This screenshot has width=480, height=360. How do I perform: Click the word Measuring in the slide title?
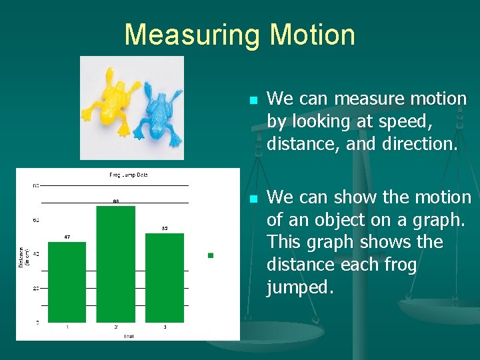coord(188,35)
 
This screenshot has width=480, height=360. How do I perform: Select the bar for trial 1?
coord(67,282)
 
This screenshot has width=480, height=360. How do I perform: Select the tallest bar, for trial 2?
coord(115,264)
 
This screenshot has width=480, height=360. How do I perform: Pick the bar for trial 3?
coord(164,277)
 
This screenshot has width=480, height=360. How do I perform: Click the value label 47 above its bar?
coord(67,237)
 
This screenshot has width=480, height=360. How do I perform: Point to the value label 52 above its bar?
coord(164,228)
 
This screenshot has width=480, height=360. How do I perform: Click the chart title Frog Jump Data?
coord(129,175)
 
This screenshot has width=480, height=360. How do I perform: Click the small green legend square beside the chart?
coord(211,255)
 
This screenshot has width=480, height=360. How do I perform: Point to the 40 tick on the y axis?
coord(36,254)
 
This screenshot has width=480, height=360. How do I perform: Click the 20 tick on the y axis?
coord(36,289)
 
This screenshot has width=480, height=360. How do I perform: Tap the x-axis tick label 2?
coord(115,327)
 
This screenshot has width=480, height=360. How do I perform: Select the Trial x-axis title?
coord(129,336)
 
